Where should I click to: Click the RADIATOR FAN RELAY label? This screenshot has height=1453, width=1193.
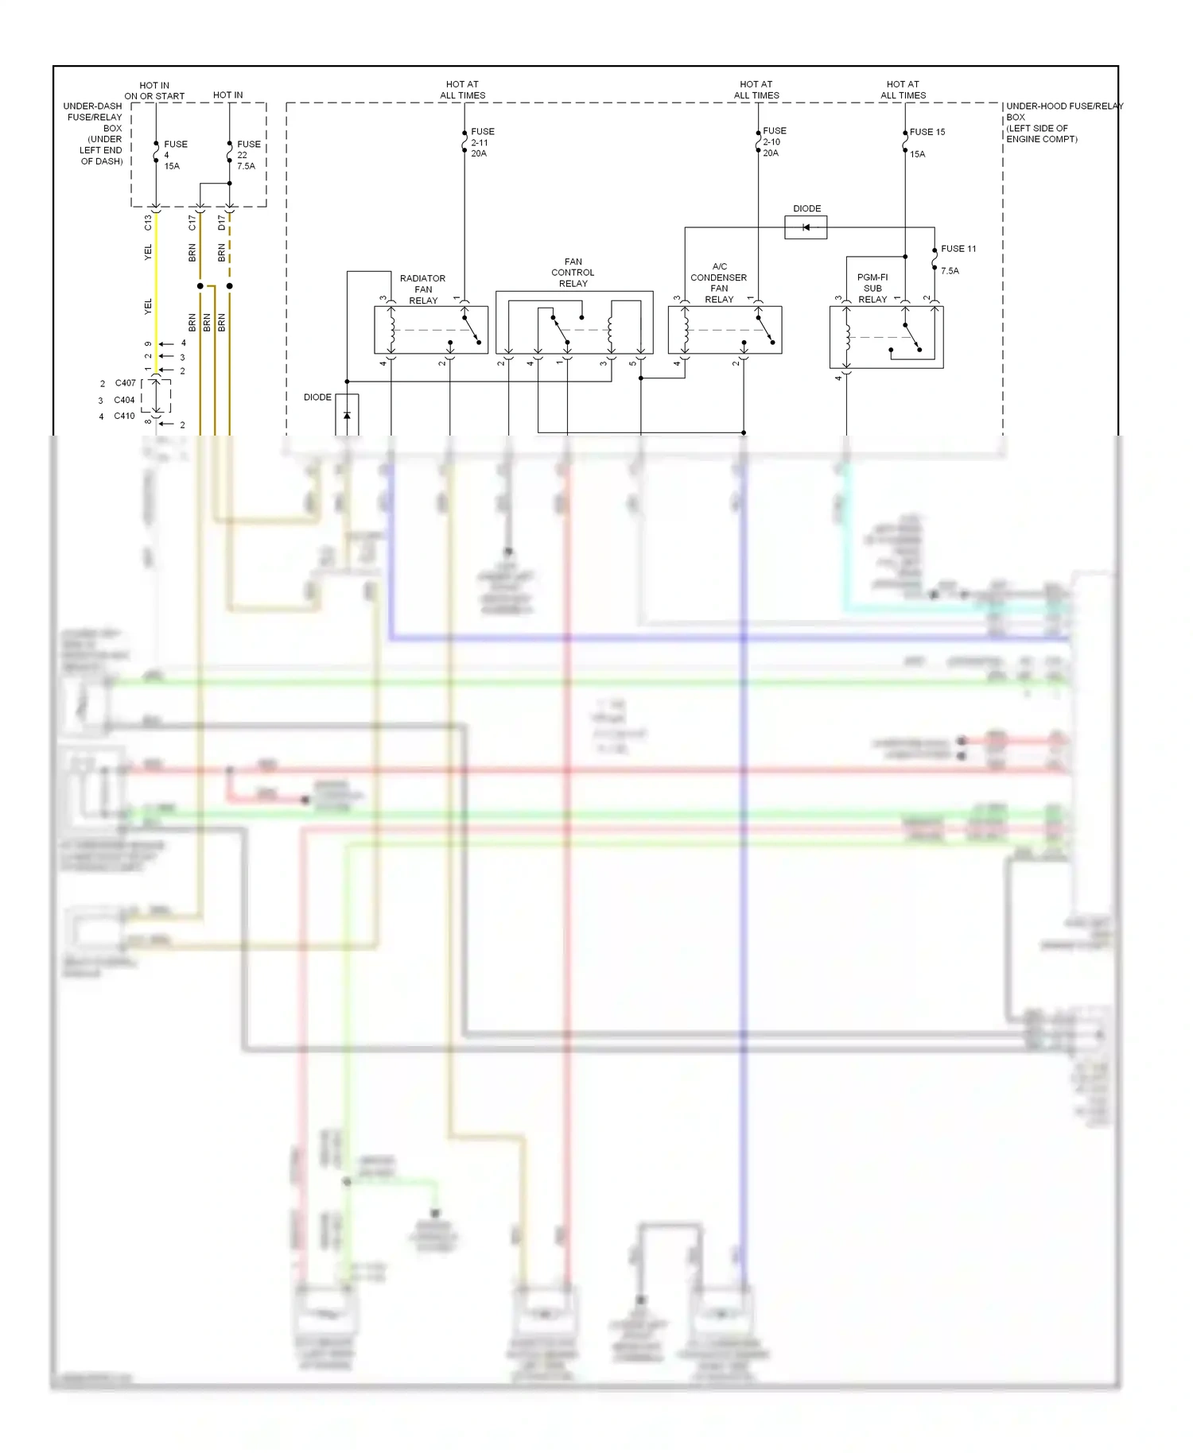[422, 289]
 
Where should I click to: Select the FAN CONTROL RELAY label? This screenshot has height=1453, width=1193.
[573, 273]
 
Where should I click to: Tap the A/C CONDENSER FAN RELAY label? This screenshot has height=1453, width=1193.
[719, 283]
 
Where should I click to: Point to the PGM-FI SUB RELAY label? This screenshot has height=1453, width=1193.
[872, 289]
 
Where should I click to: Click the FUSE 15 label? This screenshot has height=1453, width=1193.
[927, 132]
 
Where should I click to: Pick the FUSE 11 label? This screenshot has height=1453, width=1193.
[958, 249]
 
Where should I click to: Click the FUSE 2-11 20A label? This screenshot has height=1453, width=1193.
[482, 142]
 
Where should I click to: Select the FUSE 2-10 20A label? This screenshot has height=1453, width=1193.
[774, 141]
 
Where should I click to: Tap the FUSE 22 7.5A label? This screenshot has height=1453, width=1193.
[248, 155]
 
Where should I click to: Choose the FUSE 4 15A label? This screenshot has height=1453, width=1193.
[175, 155]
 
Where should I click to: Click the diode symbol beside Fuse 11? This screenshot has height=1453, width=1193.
[806, 228]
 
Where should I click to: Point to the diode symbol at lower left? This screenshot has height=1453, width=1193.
[347, 415]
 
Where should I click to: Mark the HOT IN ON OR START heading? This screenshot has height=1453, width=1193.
[154, 91]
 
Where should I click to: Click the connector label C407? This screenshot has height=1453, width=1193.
[125, 383]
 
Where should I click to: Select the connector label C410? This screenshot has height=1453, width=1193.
[124, 416]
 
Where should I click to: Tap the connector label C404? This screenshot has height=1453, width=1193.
[124, 400]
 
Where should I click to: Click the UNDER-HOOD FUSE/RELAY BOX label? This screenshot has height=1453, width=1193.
[1063, 122]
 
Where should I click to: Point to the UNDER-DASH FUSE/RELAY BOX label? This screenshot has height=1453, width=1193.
[94, 134]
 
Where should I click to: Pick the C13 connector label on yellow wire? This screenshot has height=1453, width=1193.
[148, 223]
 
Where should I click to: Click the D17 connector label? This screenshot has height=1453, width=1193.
[222, 223]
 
